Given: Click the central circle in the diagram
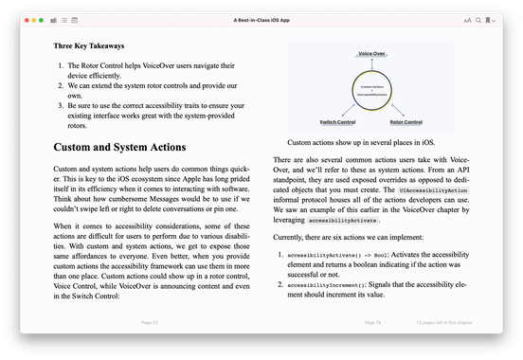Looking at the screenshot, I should [x=372, y=90].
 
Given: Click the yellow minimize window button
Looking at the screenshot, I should [x=37, y=19].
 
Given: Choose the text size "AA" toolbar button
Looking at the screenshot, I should [x=467, y=19].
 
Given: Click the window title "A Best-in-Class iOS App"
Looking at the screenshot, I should [x=261, y=19].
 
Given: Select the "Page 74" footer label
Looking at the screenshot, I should [x=371, y=322].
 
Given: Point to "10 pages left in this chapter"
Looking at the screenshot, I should [x=444, y=322].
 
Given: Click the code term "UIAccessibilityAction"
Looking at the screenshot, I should [x=433, y=190].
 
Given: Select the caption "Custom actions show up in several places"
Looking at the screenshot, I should [x=371, y=142].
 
